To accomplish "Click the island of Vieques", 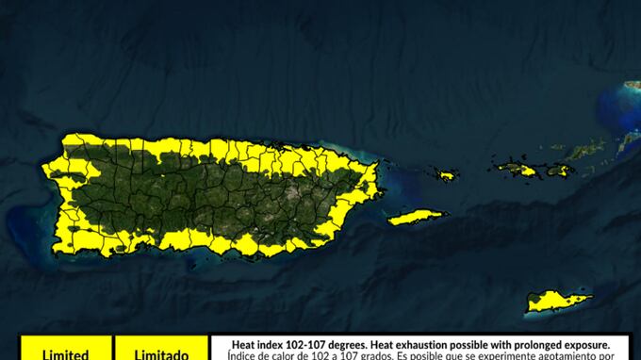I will point(415,218).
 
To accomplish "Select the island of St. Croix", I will point(558,302).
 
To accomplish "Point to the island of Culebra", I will point(445,174).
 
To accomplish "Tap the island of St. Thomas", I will point(517,169).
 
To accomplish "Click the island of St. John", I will point(558,170).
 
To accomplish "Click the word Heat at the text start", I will point(243,346).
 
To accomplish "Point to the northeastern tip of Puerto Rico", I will point(375,166).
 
